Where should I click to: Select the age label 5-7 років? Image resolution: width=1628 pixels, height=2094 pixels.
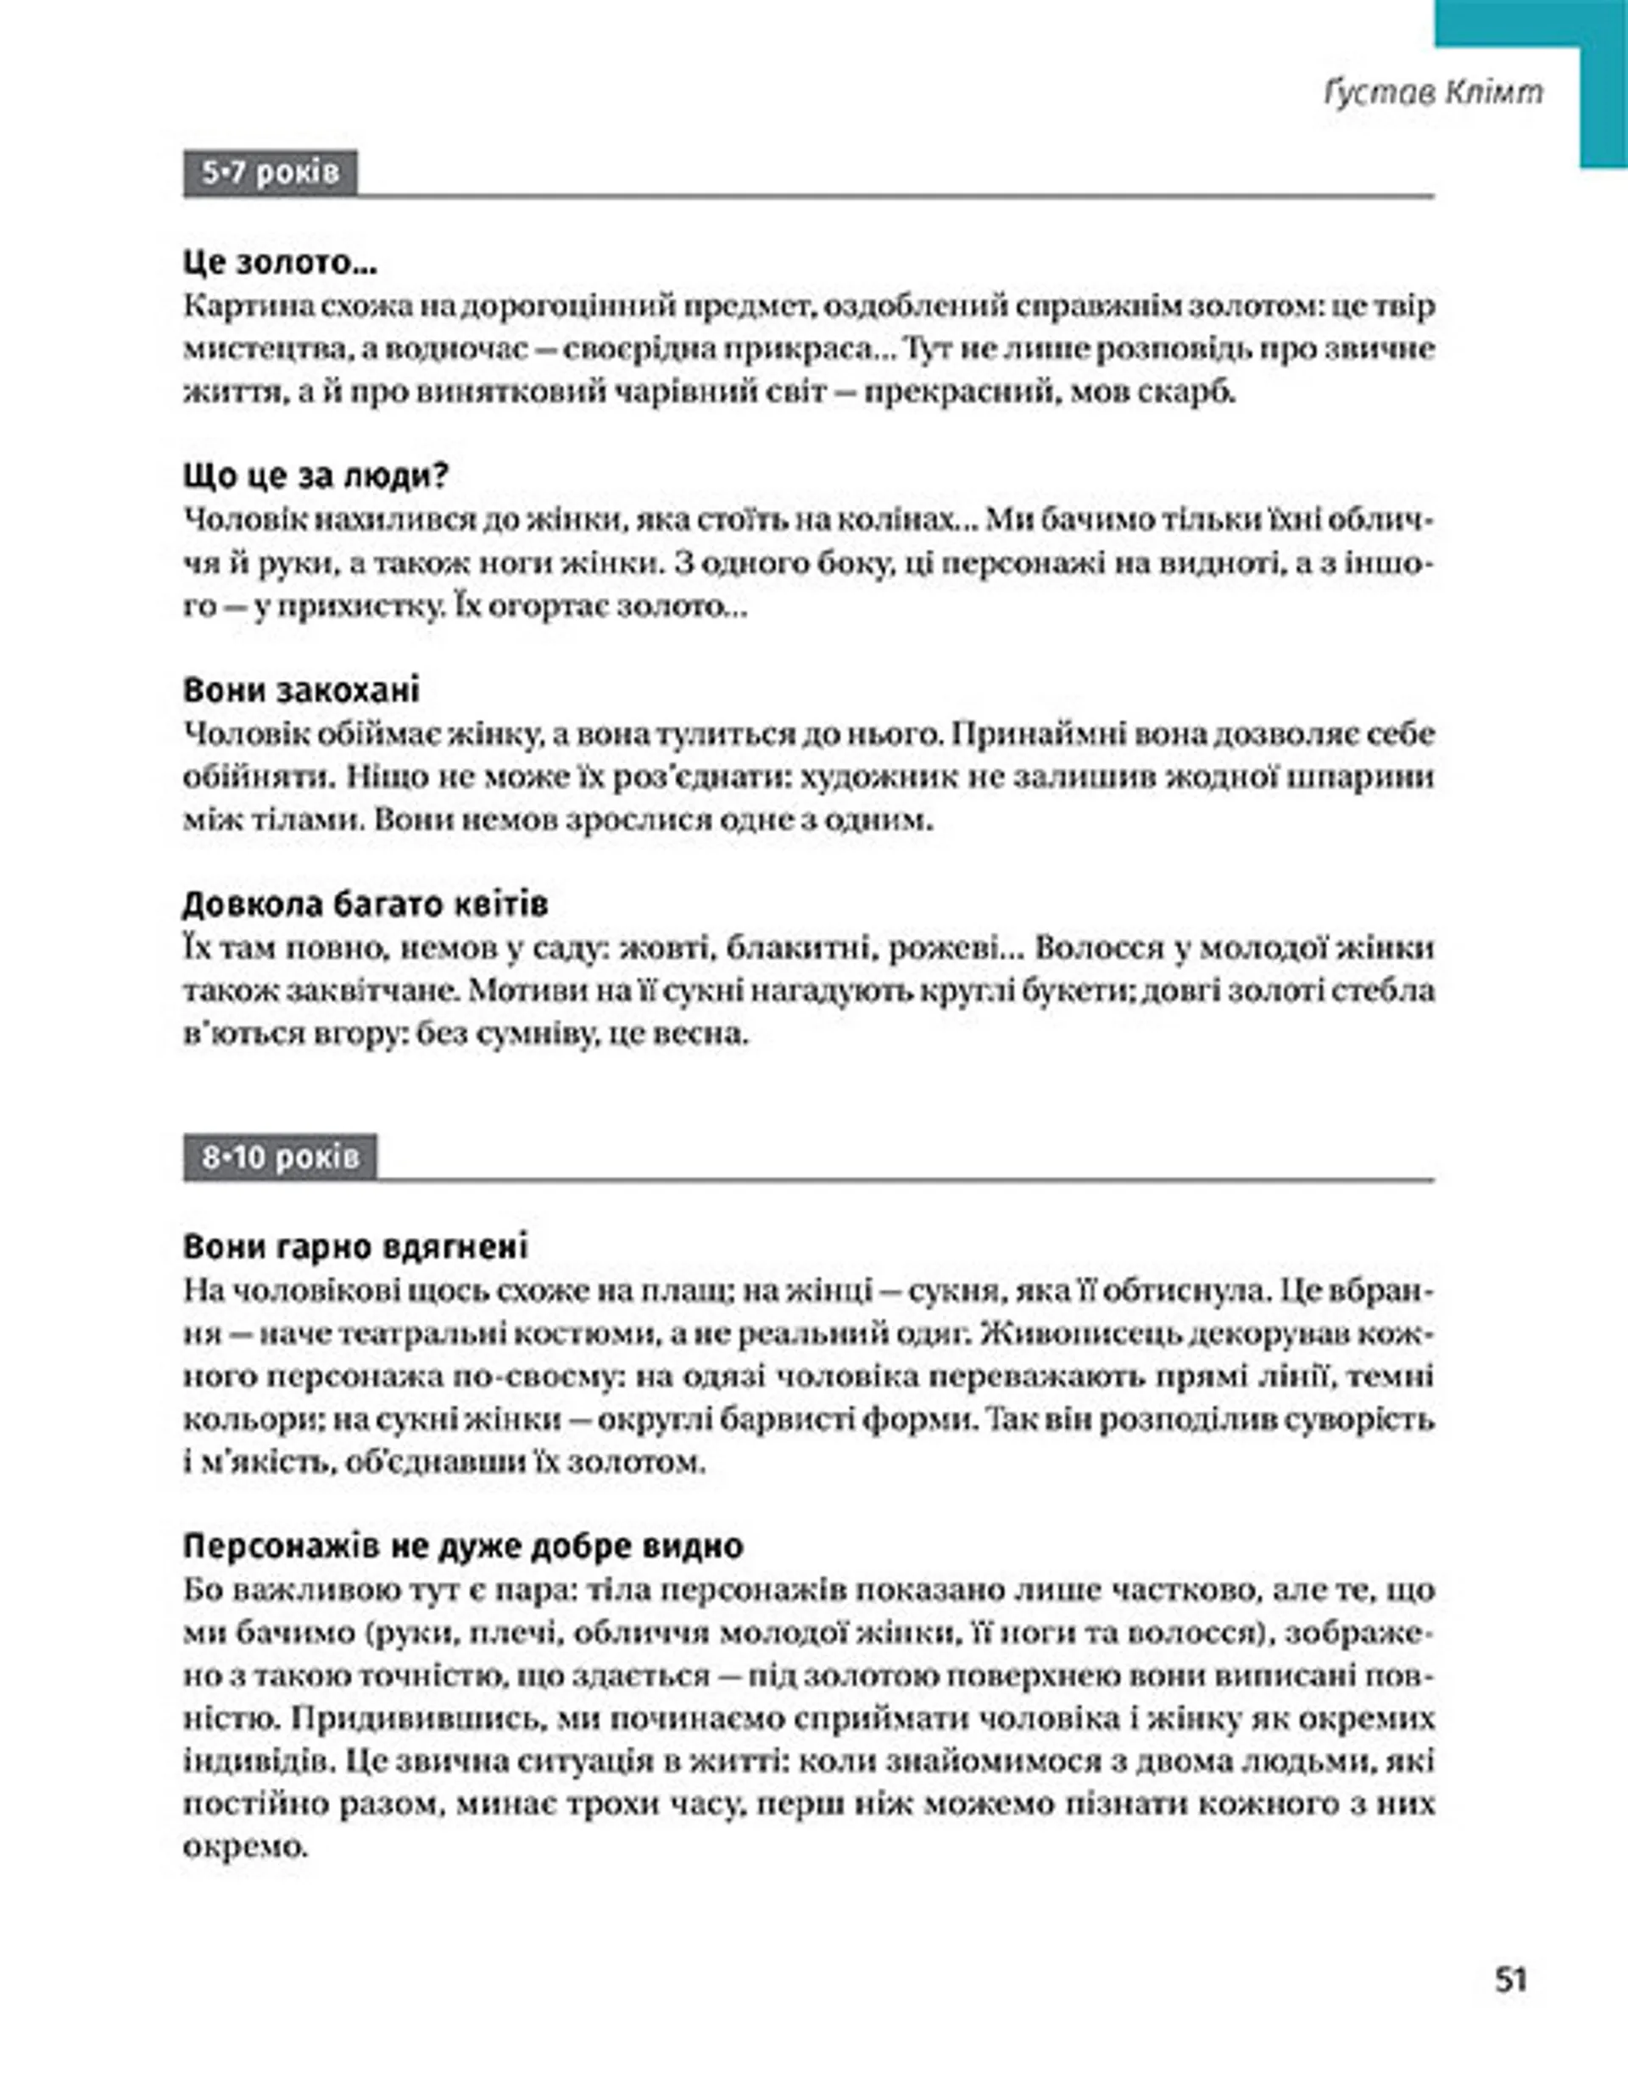(270, 173)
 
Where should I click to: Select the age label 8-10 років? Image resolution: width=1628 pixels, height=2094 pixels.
(280, 1157)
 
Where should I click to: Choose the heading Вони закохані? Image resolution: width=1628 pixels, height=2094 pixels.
(301, 690)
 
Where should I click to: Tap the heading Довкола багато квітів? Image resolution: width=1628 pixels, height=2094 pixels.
(365, 904)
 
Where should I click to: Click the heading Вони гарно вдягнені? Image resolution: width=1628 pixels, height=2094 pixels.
(354, 1247)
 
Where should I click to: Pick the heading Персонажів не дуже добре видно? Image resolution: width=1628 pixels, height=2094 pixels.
(463, 1546)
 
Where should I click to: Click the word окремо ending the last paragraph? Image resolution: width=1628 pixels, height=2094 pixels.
(243, 1846)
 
